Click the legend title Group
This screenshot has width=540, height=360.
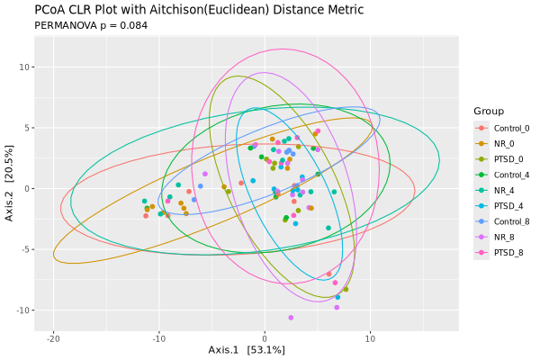pyautogui.click(x=488, y=111)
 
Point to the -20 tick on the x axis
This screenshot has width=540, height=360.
pyautogui.click(x=53, y=338)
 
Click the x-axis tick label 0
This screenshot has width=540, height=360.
pyautogui.click(x=265, y=338)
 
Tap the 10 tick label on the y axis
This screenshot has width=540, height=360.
pyautogui.click(x=27, y=67)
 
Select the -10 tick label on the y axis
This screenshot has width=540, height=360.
pyautogui.click(x=25, y=310)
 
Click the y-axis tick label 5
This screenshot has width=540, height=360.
pyautogui.click(x=30, y=127)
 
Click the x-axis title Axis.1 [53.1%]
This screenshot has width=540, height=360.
pyautogui.click(x=247, y=350)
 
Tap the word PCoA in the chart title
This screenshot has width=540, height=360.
pyautogui.click(x=51, y=10)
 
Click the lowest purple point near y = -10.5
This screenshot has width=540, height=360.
pyautogui.click(x=291, y=317)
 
